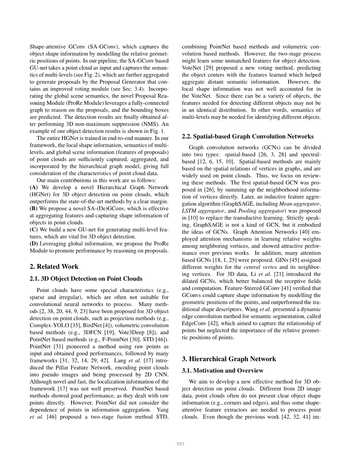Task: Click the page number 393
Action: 180,444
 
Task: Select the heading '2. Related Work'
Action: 54,267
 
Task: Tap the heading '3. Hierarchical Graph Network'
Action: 229,359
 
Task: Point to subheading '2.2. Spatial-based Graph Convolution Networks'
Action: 248,136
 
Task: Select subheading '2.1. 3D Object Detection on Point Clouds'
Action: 86,279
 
